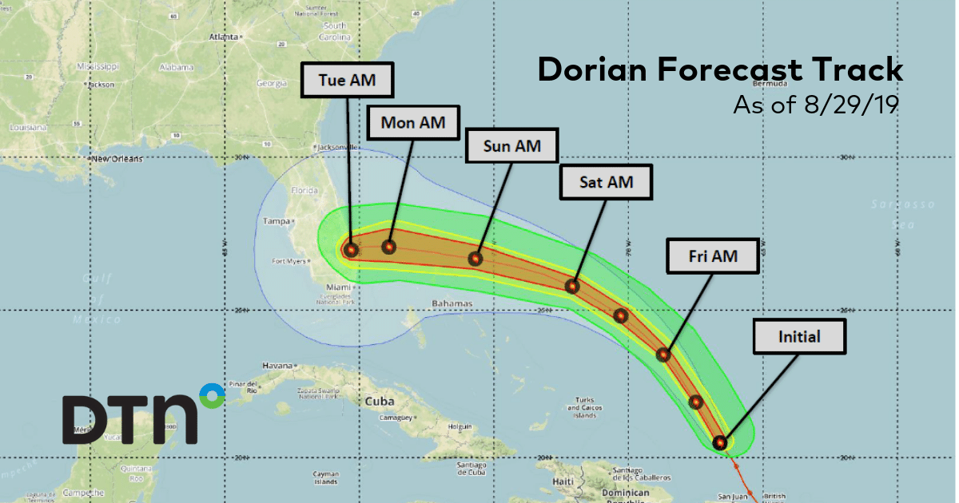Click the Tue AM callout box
point(347,80)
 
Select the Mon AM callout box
point(412,122)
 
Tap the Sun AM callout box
point(512,146)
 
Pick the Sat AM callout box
point(606,182)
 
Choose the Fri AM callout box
point(713,256)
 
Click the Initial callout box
point(799,337)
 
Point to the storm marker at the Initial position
point(720,442)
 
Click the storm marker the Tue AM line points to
point(351,249)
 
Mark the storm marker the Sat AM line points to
point(572,286)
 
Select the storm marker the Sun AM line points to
point(476,259)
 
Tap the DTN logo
point(144,413)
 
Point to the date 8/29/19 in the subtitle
point(846,105)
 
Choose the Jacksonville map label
point(336,148)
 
